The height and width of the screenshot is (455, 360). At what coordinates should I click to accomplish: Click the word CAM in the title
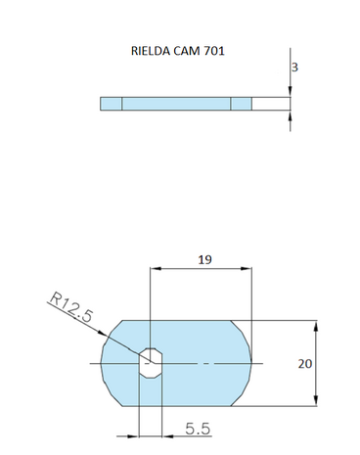[187, 50]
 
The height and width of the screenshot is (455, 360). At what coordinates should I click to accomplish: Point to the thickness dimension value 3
[294, 68]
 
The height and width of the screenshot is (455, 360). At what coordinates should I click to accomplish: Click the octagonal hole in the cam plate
[150, 361]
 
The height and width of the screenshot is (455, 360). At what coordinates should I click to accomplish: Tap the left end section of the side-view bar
[111, 104]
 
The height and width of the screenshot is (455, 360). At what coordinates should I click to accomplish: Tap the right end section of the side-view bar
[242, 104]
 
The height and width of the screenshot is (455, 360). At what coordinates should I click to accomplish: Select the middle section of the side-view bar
[176, 104]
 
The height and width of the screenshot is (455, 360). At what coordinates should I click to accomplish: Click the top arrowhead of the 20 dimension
[316, 324]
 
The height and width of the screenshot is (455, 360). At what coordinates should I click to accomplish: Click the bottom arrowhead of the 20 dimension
[316, 401]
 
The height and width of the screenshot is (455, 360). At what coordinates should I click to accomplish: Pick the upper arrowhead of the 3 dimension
[291, 94]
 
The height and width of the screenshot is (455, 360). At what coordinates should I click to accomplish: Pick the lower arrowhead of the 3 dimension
[291, 114]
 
